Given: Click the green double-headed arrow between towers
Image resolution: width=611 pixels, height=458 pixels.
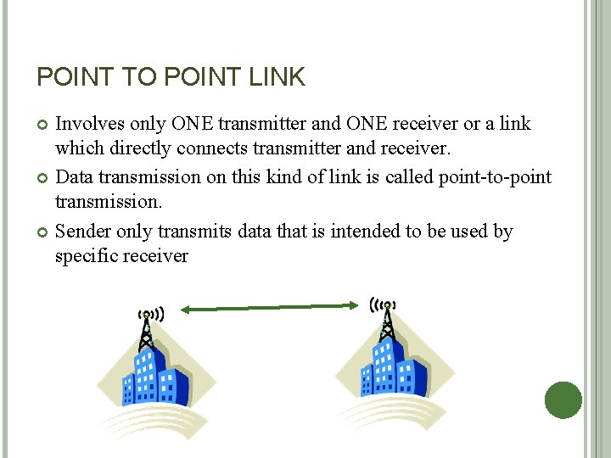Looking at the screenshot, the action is click(269, 308).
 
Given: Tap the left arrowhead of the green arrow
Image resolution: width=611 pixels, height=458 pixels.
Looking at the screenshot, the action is click(187, 310).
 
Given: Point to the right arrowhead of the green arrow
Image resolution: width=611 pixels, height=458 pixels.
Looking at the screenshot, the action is click(352, 305).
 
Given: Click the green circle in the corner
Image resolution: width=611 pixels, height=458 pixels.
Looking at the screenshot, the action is click(562, 399).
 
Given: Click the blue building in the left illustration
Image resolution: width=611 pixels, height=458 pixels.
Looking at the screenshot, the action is click(153, 377).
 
